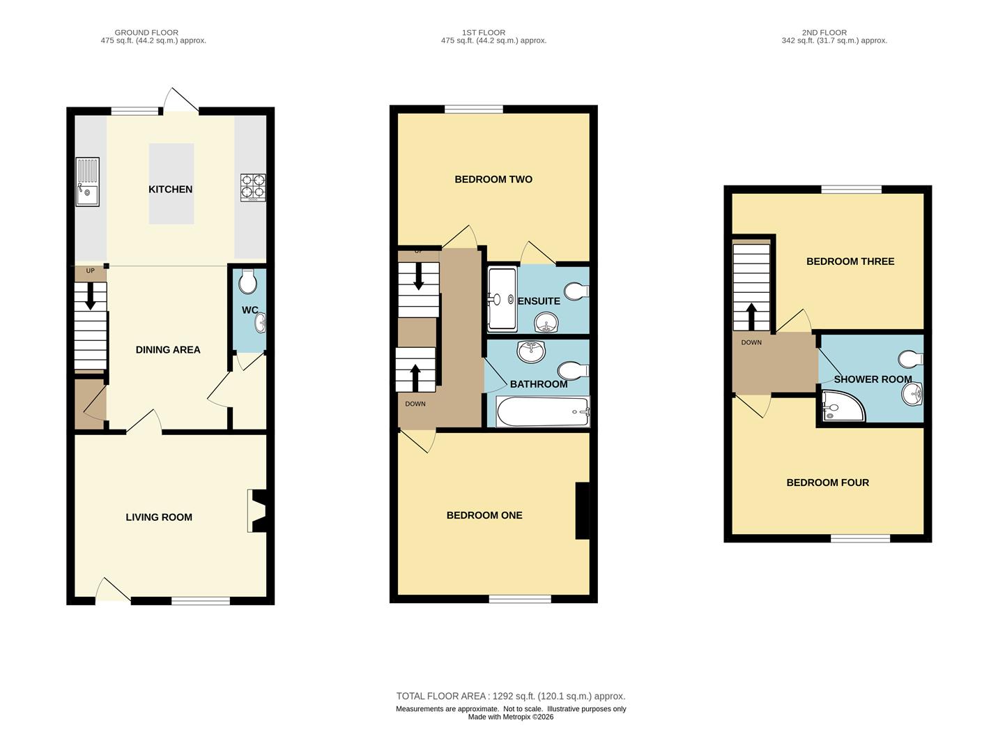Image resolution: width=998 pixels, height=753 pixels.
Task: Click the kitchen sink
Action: point(87,181)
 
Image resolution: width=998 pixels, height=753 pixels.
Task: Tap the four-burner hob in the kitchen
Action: point(253,188)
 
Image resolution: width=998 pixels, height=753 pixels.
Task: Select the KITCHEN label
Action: point(170,189)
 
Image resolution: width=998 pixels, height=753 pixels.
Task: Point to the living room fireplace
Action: point(257,510)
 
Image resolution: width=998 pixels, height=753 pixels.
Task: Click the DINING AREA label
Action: point(168,350)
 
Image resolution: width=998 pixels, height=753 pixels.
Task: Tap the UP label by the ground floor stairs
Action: point(91,271)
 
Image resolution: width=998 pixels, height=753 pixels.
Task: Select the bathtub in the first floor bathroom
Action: point(542,411)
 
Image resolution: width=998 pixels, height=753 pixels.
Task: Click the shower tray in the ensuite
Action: point(502,299)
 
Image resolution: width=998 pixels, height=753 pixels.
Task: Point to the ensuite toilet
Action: point(577,291)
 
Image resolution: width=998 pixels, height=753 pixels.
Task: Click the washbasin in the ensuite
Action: point(546,322)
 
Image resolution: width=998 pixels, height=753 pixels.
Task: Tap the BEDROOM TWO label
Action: point(493,179)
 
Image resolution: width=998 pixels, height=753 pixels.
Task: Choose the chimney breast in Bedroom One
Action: point(583,510)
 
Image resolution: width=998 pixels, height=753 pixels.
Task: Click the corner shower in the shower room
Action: point(840,406)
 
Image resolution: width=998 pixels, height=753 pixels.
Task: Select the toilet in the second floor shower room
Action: point(911,359)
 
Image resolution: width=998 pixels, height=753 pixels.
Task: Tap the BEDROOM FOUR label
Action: point(827,482)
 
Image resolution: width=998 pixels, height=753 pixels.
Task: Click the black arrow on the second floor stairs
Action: point(751,317)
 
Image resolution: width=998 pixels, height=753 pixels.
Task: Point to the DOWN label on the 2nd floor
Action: point(751,342)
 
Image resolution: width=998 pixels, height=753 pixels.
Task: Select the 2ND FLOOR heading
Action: point(824,32)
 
